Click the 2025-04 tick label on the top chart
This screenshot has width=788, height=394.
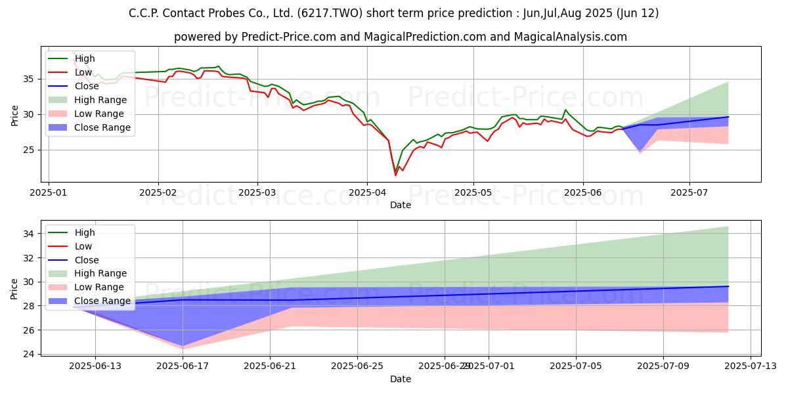(367, 193)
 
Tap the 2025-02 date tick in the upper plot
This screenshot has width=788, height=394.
(158, 193)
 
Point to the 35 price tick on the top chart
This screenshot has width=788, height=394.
(29, 79)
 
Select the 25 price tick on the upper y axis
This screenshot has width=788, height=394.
(29, 150)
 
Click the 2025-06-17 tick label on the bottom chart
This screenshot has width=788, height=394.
(183, 366)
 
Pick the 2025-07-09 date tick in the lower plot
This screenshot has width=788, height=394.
(663, 366)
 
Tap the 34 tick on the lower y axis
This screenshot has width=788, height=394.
(29, 234)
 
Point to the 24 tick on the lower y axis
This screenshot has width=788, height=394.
(29, 354)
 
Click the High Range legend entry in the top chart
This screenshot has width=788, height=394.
(100, 100)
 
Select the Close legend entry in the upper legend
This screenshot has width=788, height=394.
(87, 86)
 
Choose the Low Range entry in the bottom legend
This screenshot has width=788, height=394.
(99, 287)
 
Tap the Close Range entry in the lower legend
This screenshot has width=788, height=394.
(102, 301)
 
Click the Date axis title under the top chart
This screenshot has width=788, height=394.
(401, 205)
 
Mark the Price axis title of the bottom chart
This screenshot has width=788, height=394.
(14, 289)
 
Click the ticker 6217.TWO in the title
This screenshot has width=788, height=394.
(330, 13)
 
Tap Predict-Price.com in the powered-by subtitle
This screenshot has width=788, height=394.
(289, 37)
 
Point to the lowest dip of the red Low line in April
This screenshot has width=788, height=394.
(395, 175)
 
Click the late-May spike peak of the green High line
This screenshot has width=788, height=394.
(565, 110)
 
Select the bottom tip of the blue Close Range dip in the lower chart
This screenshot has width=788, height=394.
(183, 346)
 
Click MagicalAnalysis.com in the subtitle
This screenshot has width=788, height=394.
(570, 37)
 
